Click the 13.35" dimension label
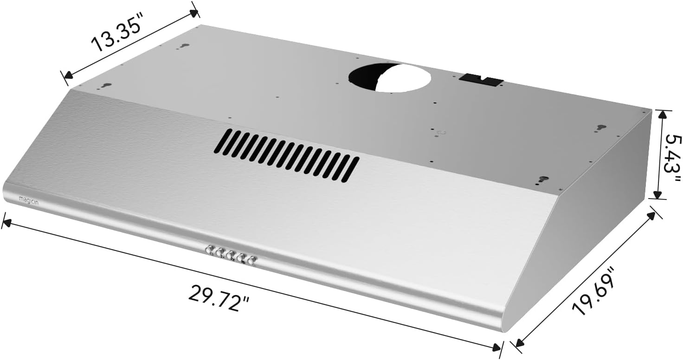pos(116,36)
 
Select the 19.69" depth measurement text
pos(595,290)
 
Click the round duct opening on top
pos(390,77)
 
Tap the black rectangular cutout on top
pos(481,80)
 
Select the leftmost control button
pos(209,250)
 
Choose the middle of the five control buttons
pos(230,255)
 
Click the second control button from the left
pos(220,252)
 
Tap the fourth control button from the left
pos(241,257)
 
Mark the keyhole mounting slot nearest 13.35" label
pos(184,47)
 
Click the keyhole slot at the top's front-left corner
pos(106,86)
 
